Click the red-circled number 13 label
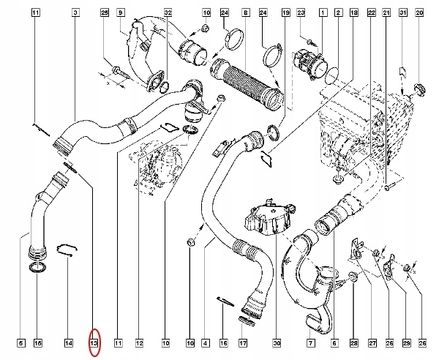(x=94, y=342)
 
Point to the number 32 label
(x=168, y=13)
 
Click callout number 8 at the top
(x=246, y=13)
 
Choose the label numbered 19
(x=285, y=13)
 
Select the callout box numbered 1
(x=323, y=13)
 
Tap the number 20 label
(x=419, y=13)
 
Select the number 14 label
(x=68, y=342)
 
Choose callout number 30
(x=277, y=342)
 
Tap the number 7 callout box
(x=310, y=342)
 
